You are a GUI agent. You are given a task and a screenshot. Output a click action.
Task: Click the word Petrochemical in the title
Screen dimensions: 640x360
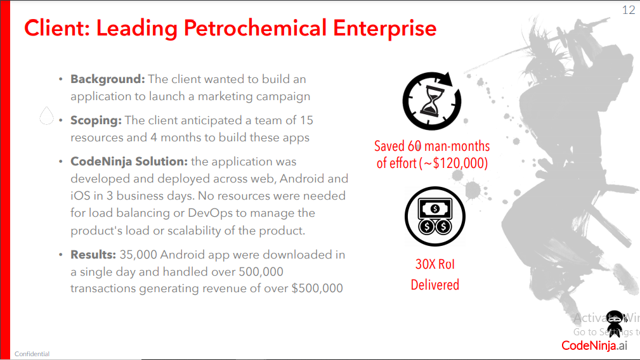[255, 28]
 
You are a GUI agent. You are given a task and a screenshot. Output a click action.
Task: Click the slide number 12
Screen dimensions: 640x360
[629, 10]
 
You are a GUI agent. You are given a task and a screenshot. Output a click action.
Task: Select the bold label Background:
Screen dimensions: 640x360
[107, 79]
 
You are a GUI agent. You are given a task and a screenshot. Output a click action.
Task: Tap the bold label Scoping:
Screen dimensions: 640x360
[96, 120]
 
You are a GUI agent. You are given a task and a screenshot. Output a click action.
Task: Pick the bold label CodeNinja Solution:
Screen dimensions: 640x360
[129, 162]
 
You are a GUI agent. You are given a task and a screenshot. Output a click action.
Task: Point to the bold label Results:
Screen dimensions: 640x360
[93, 254]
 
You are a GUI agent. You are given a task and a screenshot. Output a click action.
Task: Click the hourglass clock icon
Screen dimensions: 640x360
[432, 101]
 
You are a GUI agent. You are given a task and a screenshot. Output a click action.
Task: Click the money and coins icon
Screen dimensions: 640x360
[434, 217]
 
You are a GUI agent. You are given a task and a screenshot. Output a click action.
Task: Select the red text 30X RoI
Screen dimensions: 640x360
[434, 264]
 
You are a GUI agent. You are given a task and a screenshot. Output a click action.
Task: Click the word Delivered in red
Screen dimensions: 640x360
[434, 285]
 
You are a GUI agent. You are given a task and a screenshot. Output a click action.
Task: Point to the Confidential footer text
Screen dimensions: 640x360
[32, 354]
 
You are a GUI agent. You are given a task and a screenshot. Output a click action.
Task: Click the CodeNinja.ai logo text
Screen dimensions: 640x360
[594, 345]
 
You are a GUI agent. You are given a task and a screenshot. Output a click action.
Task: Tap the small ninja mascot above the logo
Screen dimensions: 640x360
[615, 323]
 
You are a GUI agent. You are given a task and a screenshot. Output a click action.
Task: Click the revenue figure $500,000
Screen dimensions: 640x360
[317, 288]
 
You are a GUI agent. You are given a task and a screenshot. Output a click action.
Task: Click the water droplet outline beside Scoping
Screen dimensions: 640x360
[46, 115]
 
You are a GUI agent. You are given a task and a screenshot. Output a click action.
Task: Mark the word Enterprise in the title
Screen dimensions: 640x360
[385, 28]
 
